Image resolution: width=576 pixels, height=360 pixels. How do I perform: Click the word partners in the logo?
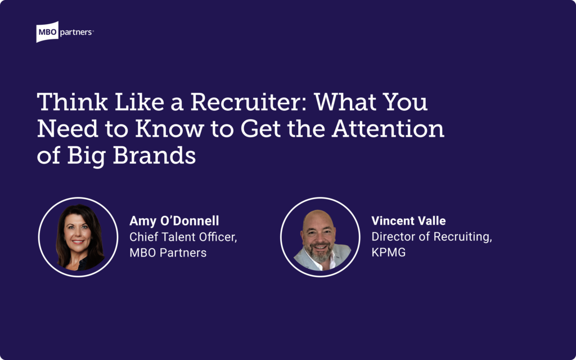point(76,33)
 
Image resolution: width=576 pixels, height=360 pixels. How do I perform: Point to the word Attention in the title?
point(387,129)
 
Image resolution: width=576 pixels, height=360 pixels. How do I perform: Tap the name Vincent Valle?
point(408,220)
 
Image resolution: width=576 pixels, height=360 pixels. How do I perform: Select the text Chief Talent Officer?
point(183,237)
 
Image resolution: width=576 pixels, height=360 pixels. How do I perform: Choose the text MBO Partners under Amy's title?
point(168,253)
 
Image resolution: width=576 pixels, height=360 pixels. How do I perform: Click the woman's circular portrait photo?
point(79,237)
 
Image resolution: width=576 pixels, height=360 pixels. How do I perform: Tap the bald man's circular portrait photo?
point(321,237)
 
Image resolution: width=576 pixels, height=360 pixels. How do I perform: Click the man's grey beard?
point(319,253)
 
